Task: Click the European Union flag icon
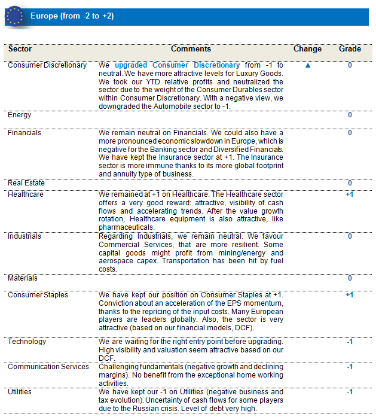click(14, 16)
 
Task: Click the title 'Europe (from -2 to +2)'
click(72, 16)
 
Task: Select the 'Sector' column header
click(21, 49)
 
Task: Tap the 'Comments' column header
click(191, 49)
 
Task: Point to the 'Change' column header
click(307, 49)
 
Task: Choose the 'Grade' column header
click(350, 49)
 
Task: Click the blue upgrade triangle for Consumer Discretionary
click(308, 65)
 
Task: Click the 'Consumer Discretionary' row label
click(47, 65)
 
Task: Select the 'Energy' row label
click(20, 115)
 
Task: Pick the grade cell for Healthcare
click(350, 194)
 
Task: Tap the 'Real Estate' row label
click(26, 183)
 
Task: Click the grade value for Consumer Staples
click(350, 295)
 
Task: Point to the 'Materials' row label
click(22, 278)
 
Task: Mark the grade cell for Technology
click(350, 342)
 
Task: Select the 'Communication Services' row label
click(48, 367)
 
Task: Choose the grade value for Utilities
click(350, 392)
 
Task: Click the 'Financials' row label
click(25, 133)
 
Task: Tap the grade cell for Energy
click(350, 115)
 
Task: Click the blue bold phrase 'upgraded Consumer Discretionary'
click(178, 65)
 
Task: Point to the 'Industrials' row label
click(25, 236)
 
